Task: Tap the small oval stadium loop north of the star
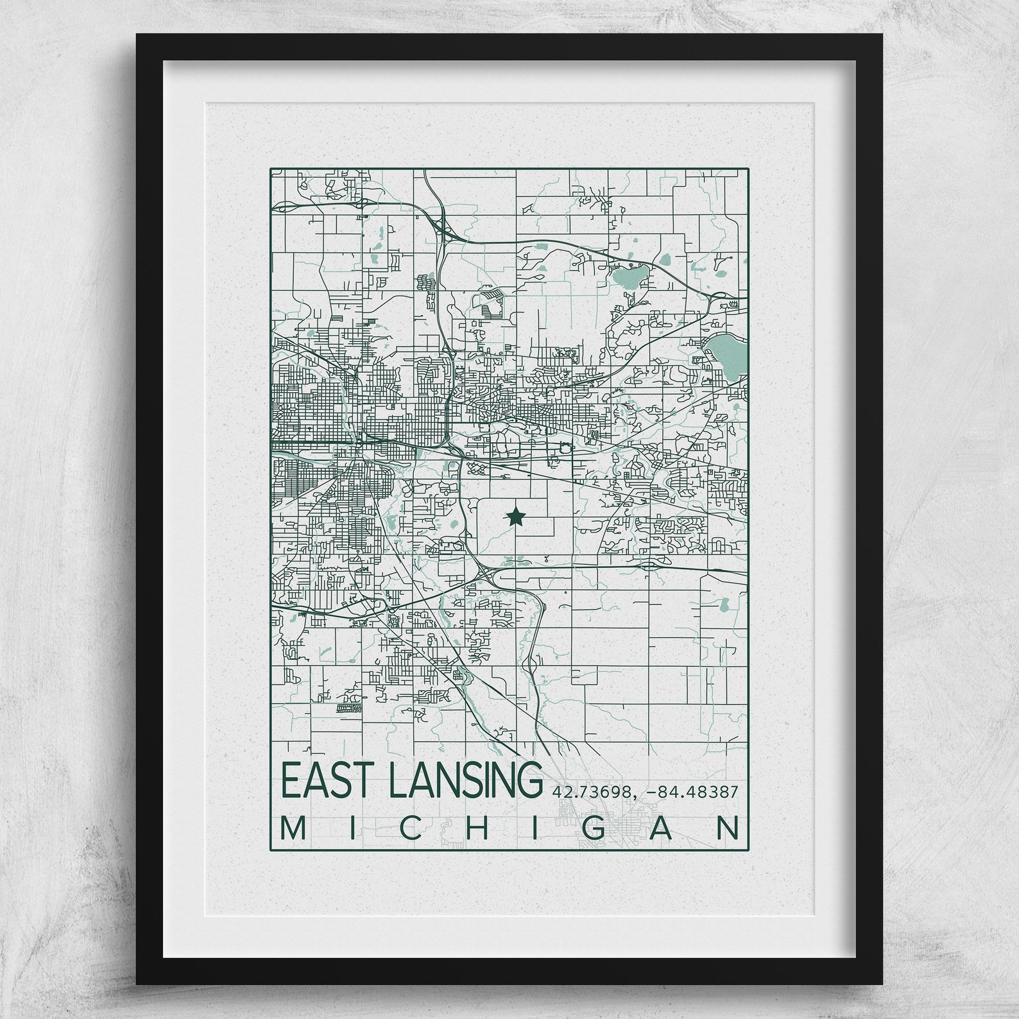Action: click(x=565, y=449)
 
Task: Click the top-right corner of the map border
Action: click(x=748, y=169)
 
